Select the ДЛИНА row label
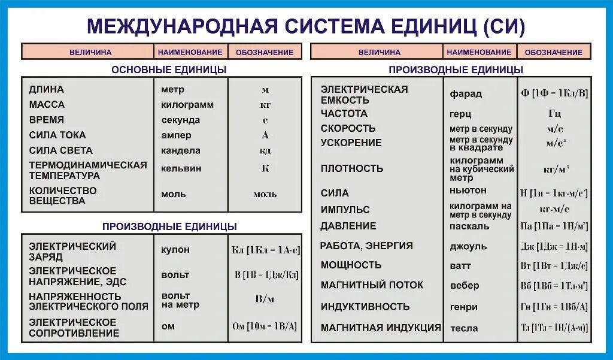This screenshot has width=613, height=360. [46, 90]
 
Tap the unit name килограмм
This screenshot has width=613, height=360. [187, 105]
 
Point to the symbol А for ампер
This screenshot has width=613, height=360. [265, 135]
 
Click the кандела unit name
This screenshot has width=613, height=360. [180, 150]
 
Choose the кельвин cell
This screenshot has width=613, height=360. [181, 168]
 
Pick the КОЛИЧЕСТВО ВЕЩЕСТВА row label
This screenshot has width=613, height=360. [62, 195]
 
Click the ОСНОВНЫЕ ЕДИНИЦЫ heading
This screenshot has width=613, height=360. [169, 69]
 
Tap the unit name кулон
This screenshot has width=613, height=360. [175, 249]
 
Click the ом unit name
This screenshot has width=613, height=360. [168, 326]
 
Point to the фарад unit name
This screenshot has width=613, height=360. [465, 94]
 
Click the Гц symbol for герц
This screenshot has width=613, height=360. [554, 113]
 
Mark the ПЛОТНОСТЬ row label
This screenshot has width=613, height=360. [351, 168]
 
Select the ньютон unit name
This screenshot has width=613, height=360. [468, 190]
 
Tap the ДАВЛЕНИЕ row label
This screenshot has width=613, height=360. [348, 226]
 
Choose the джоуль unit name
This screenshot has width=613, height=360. [468, 246]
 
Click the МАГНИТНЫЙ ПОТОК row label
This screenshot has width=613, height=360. [371, 285]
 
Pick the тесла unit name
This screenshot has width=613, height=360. [463, 328]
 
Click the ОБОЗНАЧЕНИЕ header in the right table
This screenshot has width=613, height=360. [553, 52]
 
